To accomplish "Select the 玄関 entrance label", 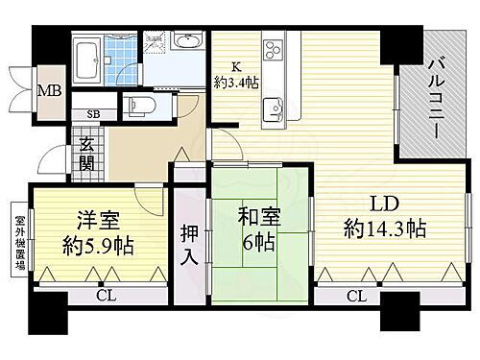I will tap(87, 154).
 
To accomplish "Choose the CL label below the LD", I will tap(355, 297).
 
